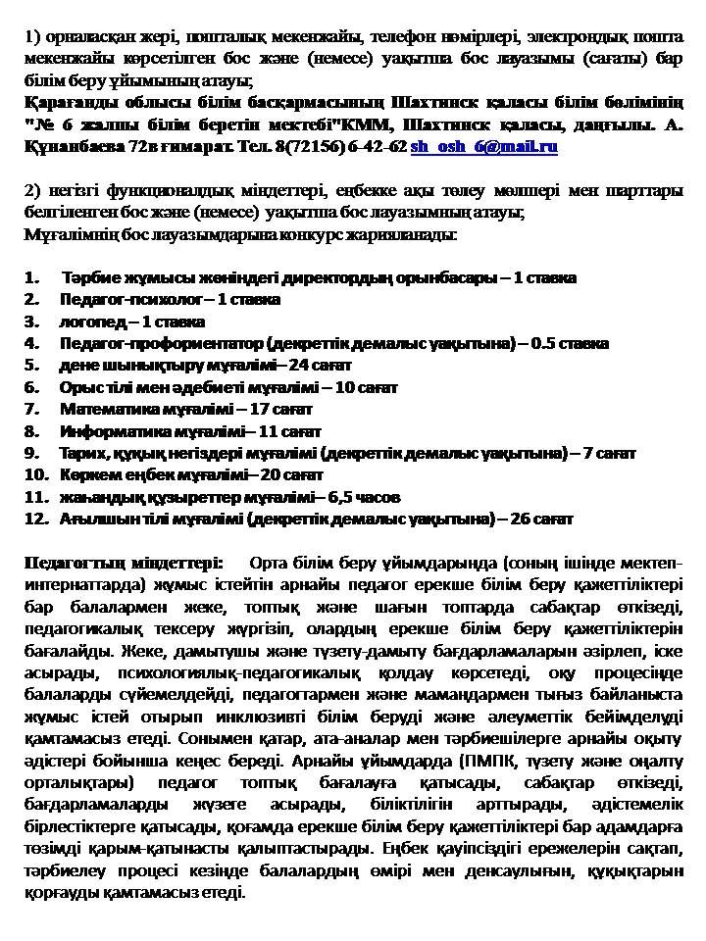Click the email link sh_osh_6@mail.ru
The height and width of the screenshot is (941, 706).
tap(483, 146)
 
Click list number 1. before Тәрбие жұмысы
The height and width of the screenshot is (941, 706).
tap(31, 277)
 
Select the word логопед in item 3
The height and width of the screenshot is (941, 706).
tap(91, 322)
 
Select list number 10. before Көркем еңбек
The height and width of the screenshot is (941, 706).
tap(36, 474)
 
